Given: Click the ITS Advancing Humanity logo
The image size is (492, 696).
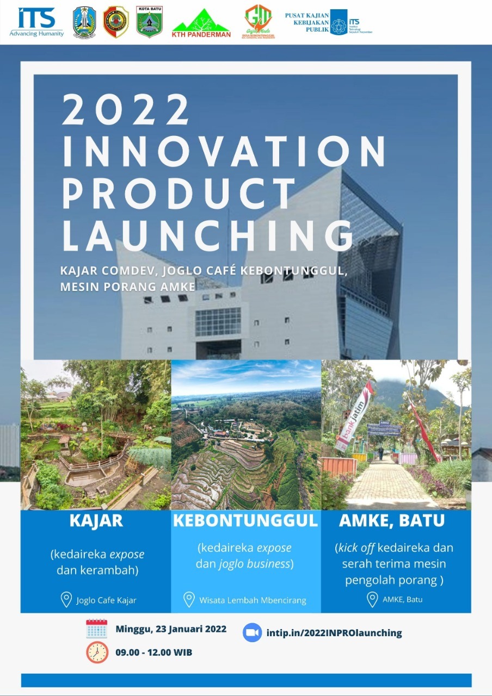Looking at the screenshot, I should tap(36, 22).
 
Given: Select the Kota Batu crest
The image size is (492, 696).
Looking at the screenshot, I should tap(149, 22).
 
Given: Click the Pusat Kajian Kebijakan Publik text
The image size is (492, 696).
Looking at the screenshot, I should tap(307, 22).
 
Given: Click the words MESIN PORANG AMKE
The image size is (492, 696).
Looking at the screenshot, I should tap(128, 287).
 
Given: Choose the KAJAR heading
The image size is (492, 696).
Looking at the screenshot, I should tap(96, 521).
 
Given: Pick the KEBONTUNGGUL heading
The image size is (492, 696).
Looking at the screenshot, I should tap(245, 521).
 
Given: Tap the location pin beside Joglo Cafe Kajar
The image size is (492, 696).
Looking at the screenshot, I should tap(66, 600).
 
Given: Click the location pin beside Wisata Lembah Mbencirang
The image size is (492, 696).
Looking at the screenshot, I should tap(189, 600).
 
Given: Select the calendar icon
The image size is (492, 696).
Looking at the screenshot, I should tap(97, 629).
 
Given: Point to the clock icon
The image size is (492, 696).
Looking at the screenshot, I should tap(97, 652).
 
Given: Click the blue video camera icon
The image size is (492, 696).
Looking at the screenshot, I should tap(251, 632).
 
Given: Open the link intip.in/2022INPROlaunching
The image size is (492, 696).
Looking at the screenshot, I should tap(334, 633).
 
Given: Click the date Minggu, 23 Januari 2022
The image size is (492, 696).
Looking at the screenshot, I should tap(171, 629).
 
